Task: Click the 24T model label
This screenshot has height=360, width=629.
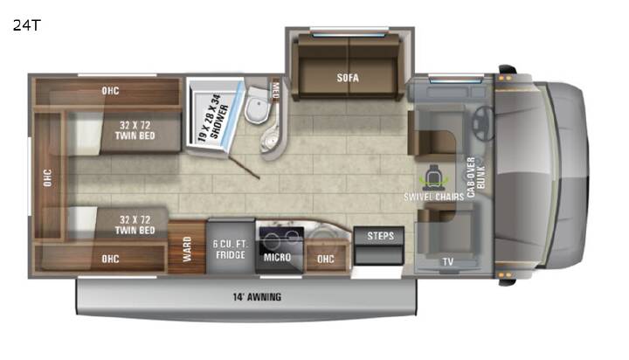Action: click(26, 25)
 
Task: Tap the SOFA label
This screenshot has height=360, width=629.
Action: click(348, 78)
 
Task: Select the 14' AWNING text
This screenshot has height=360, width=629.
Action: click(257, 297)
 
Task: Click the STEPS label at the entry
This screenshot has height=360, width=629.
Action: click(380, 236)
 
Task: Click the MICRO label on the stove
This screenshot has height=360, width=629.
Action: click(277, 257)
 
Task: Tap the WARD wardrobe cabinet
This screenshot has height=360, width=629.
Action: click(187, 247)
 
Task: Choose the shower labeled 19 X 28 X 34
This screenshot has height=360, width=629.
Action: click(216, 115)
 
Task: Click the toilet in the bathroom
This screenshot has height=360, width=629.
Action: click(257, 105)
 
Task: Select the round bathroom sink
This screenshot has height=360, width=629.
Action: click(271, 138)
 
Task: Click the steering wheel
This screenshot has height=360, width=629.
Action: click(483, 123)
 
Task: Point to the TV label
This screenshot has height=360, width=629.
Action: click(447, 261)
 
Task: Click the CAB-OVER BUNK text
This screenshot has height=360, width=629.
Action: click(476, 177)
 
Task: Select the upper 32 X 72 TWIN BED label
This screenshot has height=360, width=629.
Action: click(135, 130)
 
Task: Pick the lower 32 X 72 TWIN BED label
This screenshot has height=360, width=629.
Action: click(135, 225)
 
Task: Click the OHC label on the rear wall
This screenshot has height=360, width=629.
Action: click(47, 177)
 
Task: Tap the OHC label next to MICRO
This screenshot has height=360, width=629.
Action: click(325, 259)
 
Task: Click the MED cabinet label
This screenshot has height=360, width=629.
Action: click(275, 89)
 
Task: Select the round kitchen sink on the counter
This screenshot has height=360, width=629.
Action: click(323, 232)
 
